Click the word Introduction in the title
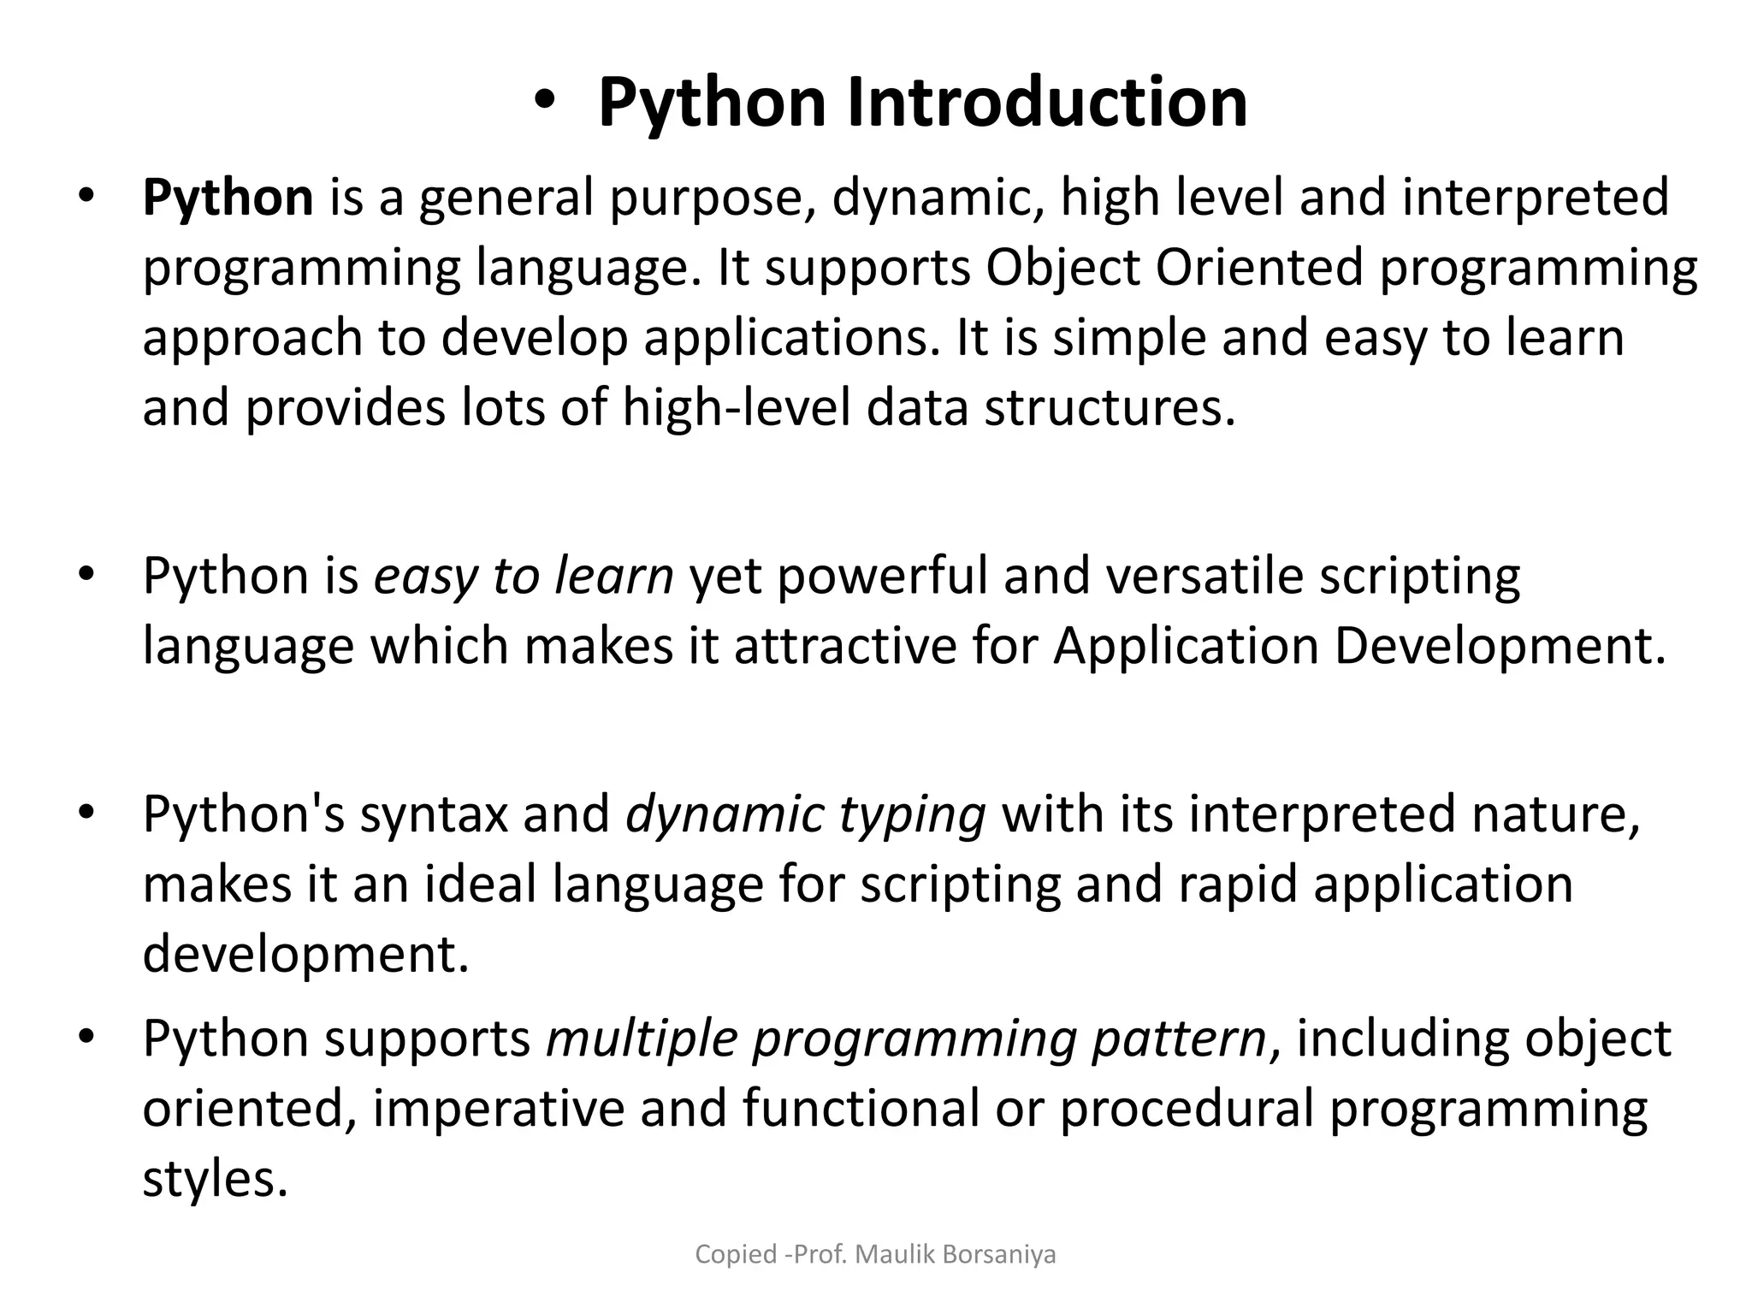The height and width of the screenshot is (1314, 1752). pos(1047,103)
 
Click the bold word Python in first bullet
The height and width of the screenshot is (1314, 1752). pos(228,197)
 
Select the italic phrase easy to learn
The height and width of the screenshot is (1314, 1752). pos(524,576)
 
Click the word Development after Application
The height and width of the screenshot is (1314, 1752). pos(1500,646)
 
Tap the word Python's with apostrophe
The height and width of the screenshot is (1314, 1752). pos(244,814)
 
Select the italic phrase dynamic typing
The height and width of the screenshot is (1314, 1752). pos(806,814)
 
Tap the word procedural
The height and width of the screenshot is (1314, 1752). pos(1186,1109)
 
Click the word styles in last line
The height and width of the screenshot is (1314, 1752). pos(215,1179)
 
